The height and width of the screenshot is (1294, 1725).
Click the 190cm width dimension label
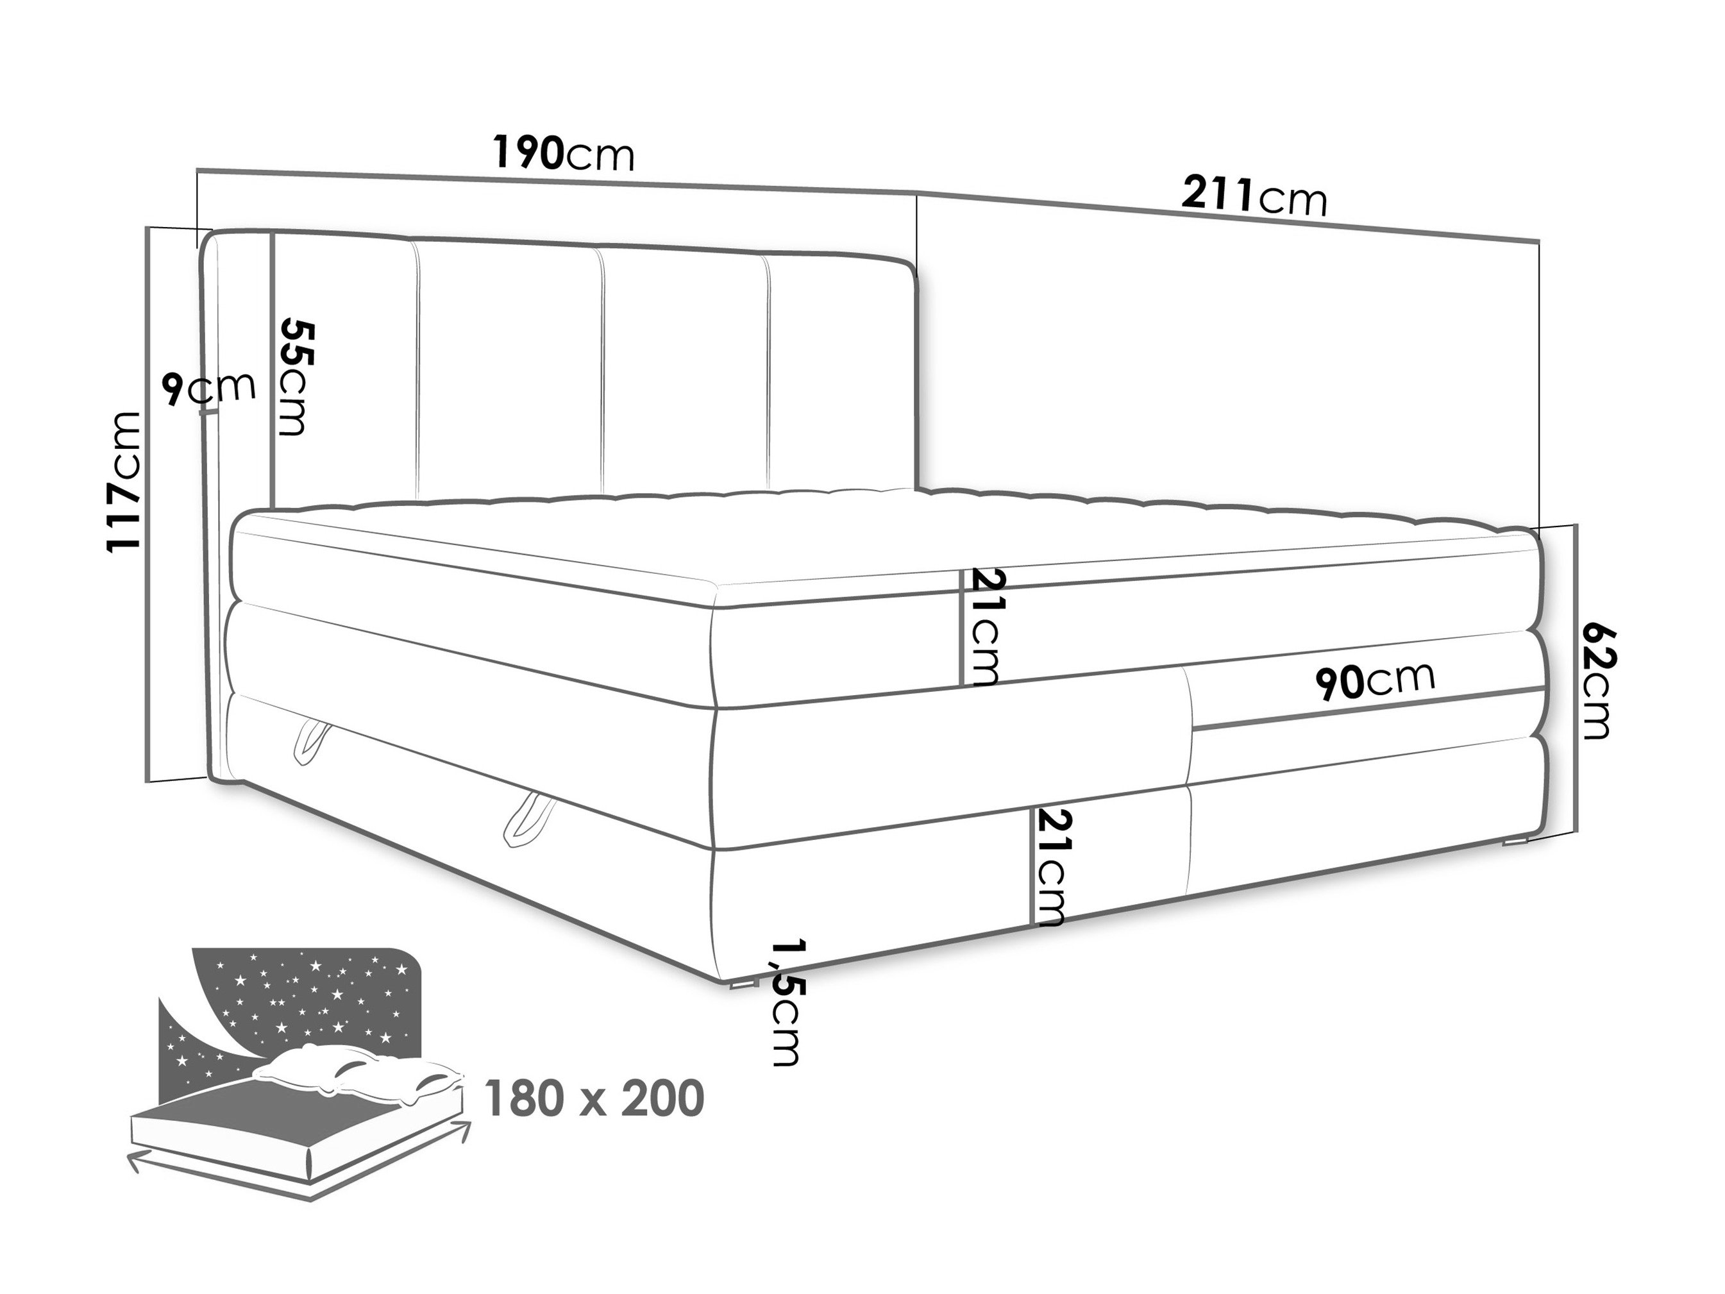[x=564, y=155]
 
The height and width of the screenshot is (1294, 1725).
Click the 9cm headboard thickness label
[x=209, y=389]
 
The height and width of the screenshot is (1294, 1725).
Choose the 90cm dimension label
[x=1374, y=679]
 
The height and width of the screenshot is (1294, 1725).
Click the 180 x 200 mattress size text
[x=594, y=1098]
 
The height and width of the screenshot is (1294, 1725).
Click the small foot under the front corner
[x=742, y=984]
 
